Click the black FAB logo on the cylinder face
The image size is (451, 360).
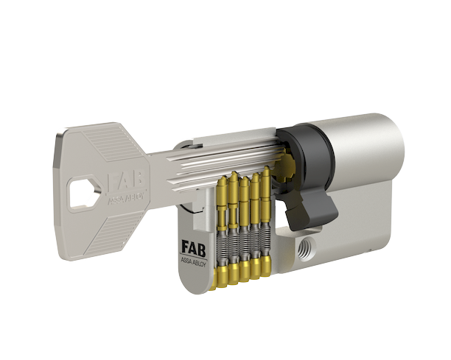coord(193,248)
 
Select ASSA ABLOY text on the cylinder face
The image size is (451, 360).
coord(193,262)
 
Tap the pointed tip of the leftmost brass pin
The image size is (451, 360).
coord(223,177)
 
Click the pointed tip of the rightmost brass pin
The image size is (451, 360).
coord(267,167)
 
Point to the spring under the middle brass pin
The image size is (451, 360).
coord(244,244)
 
